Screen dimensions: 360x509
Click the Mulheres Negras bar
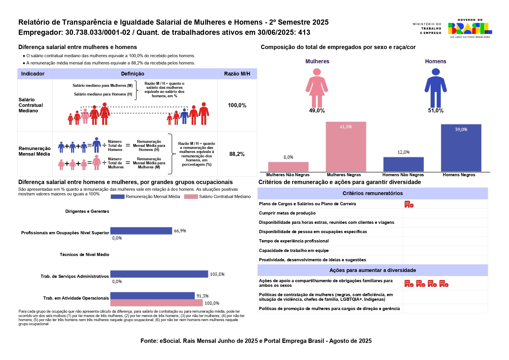tap(346, 147)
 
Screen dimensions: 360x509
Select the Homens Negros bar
tap(461, 148)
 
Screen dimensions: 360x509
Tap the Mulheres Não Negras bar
tap(288, 167)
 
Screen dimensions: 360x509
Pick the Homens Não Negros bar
tap(403, 164)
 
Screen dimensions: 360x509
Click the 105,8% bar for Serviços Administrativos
tap(159, 274)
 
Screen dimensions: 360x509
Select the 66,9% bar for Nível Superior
tap(141, 231)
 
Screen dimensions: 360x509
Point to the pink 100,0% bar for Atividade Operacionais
tap(157, 303)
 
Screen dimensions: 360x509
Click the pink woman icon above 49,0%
tap(317, 88)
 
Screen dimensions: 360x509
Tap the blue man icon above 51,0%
tap(436, 88)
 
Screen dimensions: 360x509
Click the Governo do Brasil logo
tap(470, 28)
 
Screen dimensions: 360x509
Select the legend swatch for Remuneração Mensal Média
tap(118, 197)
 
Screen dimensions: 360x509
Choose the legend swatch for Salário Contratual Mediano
tap(191, 197)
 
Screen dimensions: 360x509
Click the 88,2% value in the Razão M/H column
tap(237, 154)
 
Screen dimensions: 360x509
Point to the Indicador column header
tap(33, 74)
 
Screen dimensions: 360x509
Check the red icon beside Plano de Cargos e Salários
tap(409, 204)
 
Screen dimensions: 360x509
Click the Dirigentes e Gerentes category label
tap(87, 211)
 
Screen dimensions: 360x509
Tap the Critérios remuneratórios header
tap(373, 193)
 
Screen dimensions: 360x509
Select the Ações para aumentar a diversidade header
tap(373, 270)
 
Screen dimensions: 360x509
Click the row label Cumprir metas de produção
tap(287, 213)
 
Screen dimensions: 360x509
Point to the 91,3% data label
tap(203, 296)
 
